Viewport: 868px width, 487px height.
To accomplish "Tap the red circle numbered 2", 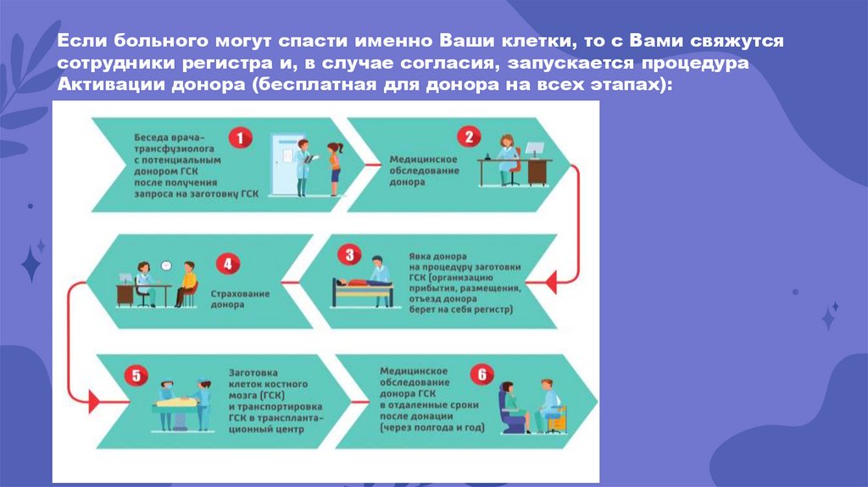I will point(467,137).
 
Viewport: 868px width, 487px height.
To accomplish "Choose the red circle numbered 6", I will point(481,373).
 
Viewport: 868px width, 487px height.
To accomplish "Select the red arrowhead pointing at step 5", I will point(93,397).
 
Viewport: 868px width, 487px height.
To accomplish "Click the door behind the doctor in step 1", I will point(284,157).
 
